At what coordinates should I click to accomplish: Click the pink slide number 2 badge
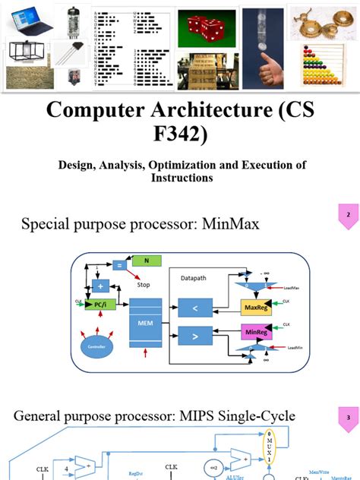tap(347, 216)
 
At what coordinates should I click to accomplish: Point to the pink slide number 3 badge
tap(347, 417)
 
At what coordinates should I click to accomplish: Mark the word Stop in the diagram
tap(143, 286)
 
